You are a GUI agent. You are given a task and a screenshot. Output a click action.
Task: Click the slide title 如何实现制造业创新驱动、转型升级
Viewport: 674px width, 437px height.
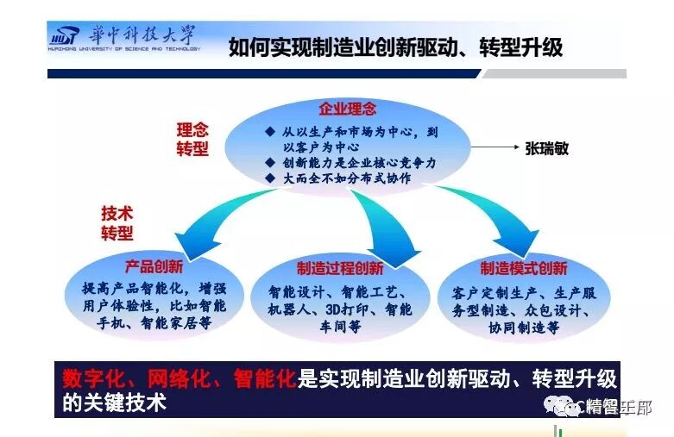[x=395, y=47]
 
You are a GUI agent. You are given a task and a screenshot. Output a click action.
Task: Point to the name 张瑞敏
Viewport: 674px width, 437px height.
[x=547, y=148]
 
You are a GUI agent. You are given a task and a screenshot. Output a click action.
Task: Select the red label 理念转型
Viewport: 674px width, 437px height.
[x=192, y=139]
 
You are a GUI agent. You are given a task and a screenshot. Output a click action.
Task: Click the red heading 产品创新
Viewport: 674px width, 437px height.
[x=154, y=265]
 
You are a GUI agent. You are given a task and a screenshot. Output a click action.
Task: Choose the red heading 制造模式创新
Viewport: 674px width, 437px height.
[x=523, y=268]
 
